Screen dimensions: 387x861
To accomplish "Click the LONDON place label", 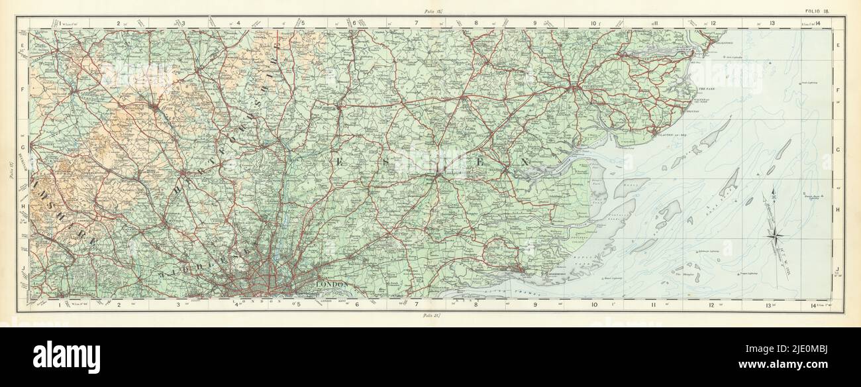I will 332,284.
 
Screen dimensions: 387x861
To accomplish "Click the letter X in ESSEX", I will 525,162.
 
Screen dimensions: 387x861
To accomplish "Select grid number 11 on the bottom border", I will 653,305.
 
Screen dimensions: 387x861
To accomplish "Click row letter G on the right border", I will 838,150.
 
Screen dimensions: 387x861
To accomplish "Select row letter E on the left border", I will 22,46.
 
